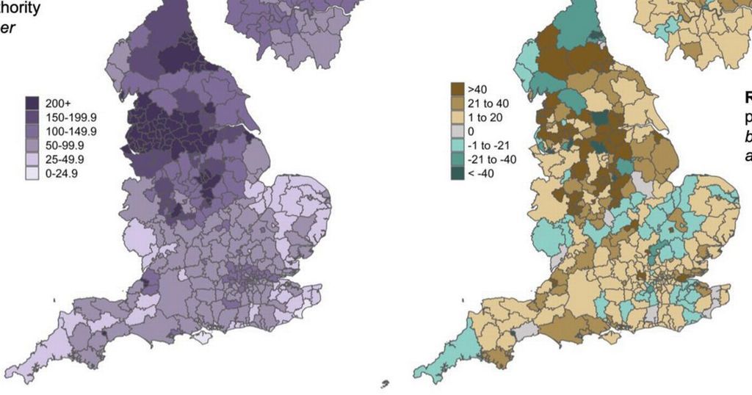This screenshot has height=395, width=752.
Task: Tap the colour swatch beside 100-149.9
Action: coord(32,131)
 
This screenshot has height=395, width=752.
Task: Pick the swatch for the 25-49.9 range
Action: coord(32,159)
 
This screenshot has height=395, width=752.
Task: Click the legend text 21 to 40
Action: coord(488,104)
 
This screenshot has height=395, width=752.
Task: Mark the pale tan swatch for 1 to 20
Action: coord(458,117)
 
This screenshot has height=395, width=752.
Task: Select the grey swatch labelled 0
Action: coord(458,131)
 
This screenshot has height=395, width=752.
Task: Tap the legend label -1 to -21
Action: coord(490,145)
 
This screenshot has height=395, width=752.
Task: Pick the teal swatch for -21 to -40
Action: coord(458,159)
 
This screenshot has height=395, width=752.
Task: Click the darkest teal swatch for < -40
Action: coord(458,173)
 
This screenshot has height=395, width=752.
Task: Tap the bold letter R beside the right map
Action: coord(748,97)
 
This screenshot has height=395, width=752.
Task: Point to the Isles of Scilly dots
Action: coord(385,384)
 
